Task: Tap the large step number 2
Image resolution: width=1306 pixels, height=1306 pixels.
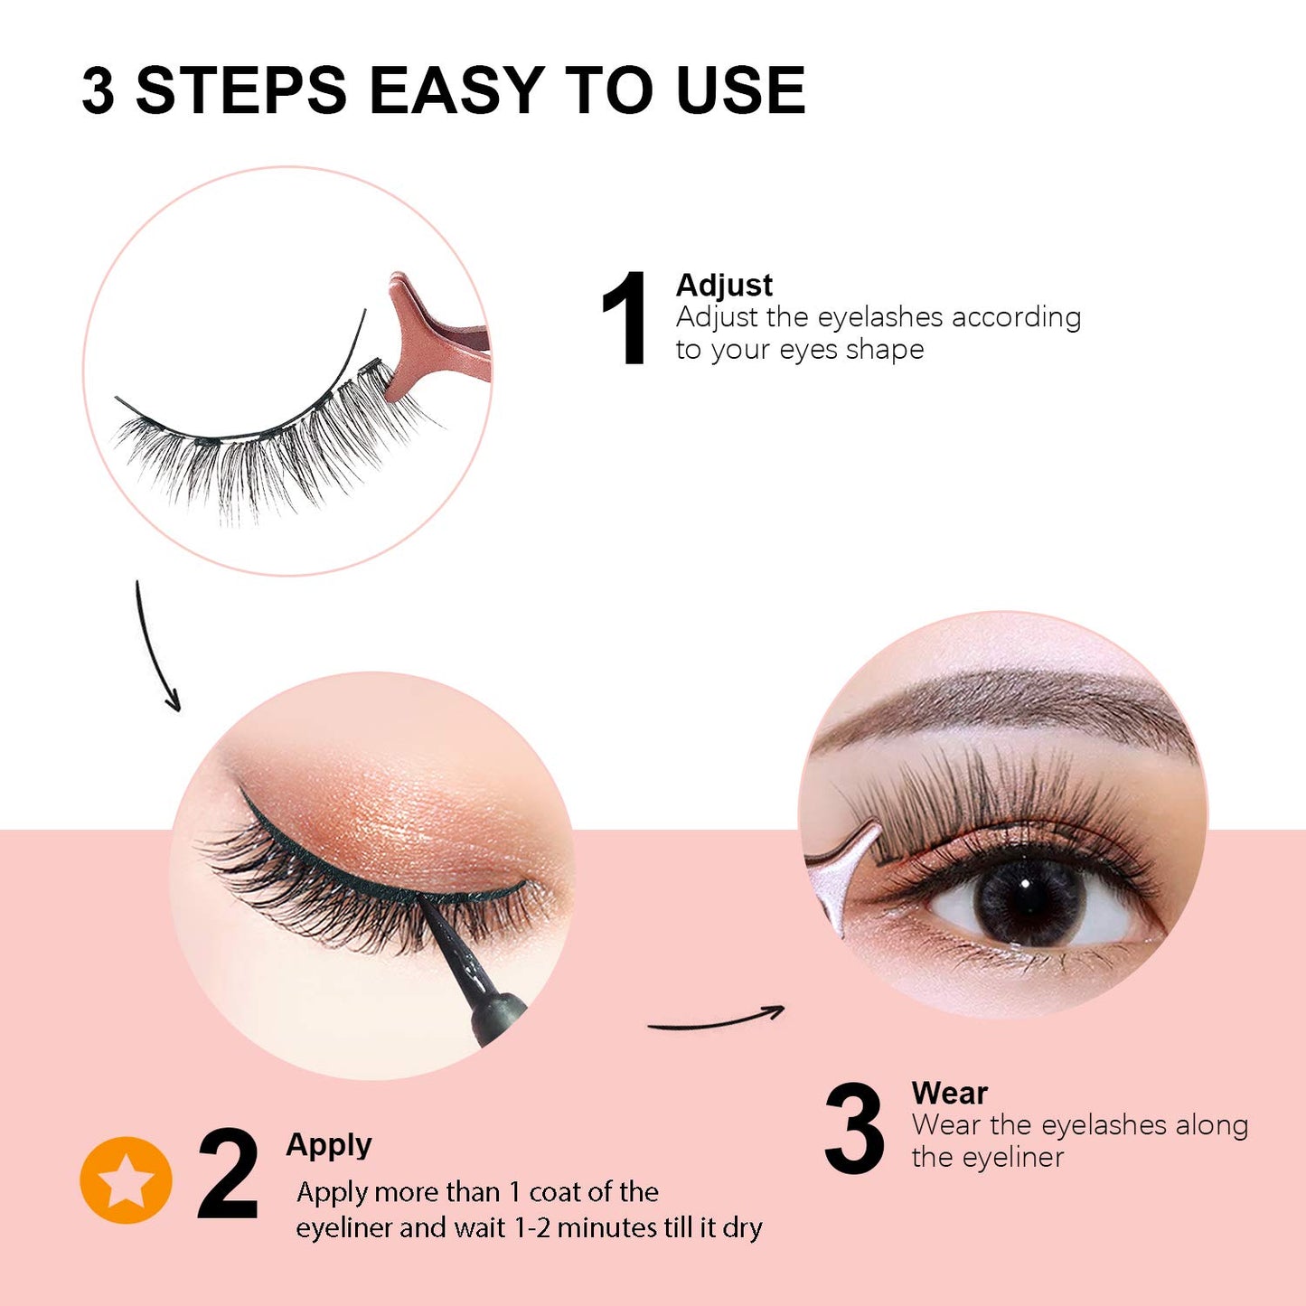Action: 228,1174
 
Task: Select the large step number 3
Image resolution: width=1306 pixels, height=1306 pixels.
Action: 854,1129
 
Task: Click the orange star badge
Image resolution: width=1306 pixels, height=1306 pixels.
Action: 126,1180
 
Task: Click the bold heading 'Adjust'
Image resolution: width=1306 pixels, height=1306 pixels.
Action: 724,285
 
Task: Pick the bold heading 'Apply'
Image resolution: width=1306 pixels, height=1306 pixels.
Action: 329,1145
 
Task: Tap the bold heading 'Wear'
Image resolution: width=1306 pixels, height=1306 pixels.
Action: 949,1093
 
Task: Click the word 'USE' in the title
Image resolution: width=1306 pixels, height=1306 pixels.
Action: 740,90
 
